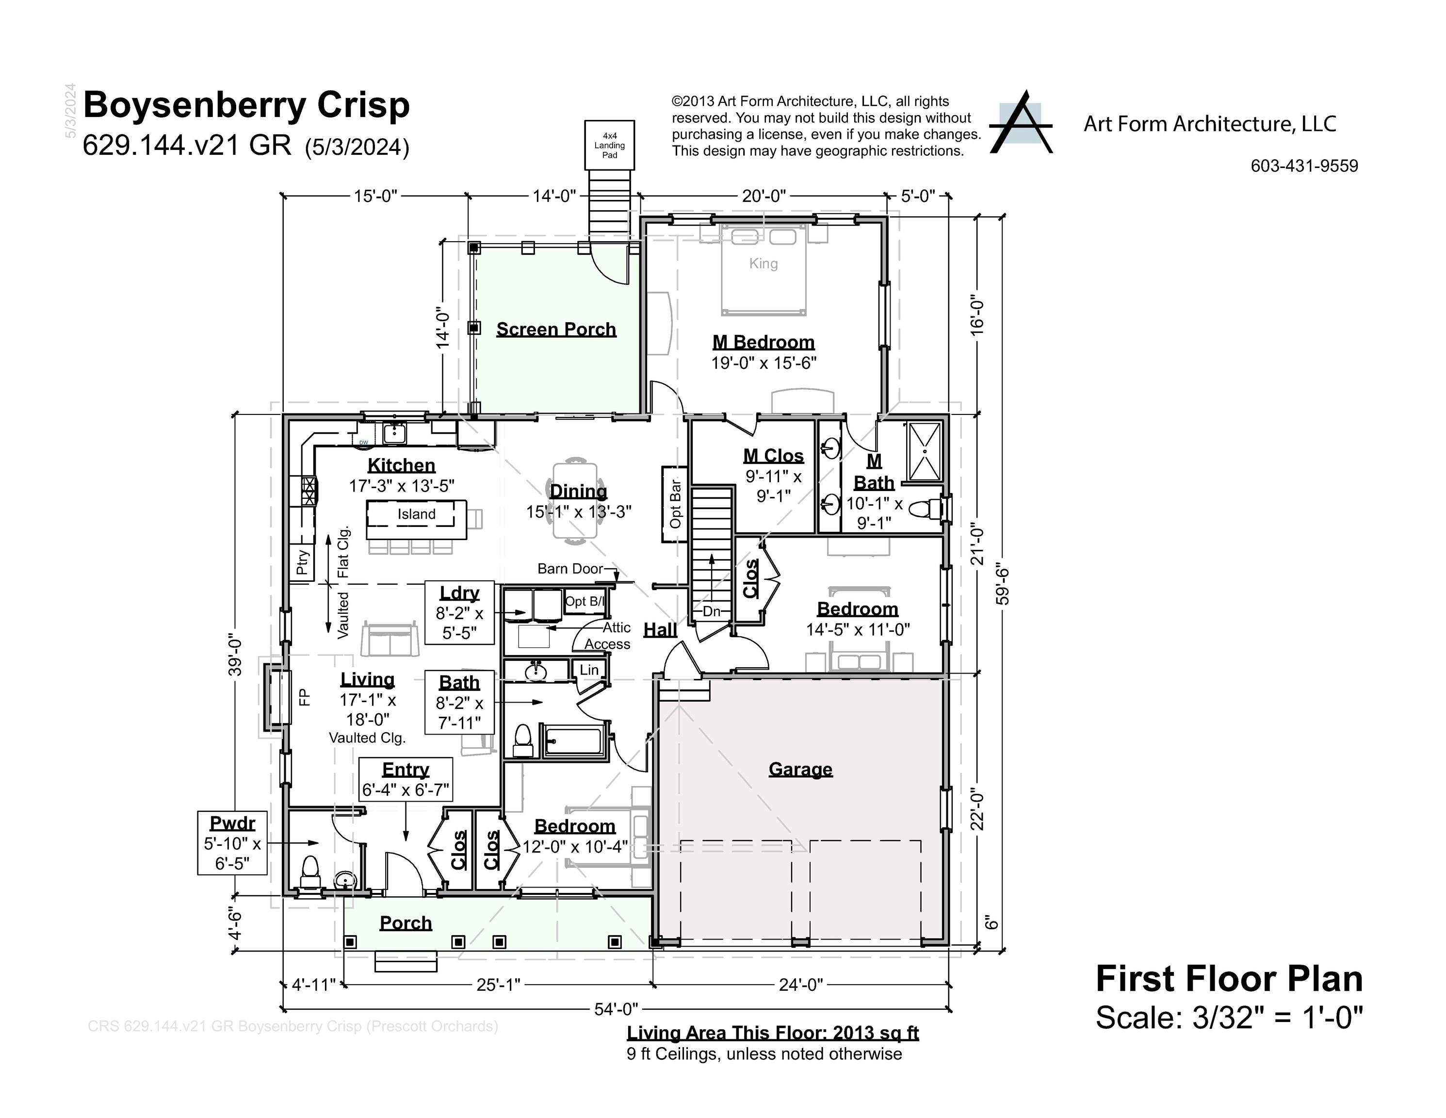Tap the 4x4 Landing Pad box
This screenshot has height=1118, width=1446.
(609, 145)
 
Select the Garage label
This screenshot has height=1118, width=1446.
(800, 769)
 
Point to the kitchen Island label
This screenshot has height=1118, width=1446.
(417, 514)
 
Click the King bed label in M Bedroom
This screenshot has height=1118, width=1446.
(764, 263)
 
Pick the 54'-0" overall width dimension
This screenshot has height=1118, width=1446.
(616, 1009)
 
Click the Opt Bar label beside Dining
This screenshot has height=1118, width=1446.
(675, 504)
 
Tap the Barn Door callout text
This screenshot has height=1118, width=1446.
(570, 568)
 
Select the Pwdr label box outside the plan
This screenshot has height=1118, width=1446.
(232, 842)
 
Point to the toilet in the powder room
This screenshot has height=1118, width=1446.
(310, 872)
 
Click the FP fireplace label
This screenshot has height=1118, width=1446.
(304, 697)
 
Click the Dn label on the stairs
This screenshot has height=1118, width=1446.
(711, 611)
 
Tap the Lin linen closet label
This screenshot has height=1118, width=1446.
(589, 670)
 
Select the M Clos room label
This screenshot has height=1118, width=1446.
(773, 456)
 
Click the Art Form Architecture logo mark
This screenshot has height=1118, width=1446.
(1020, 123)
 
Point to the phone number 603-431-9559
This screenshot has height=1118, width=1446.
(1304, 165)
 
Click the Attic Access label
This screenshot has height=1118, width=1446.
(607, 636)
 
